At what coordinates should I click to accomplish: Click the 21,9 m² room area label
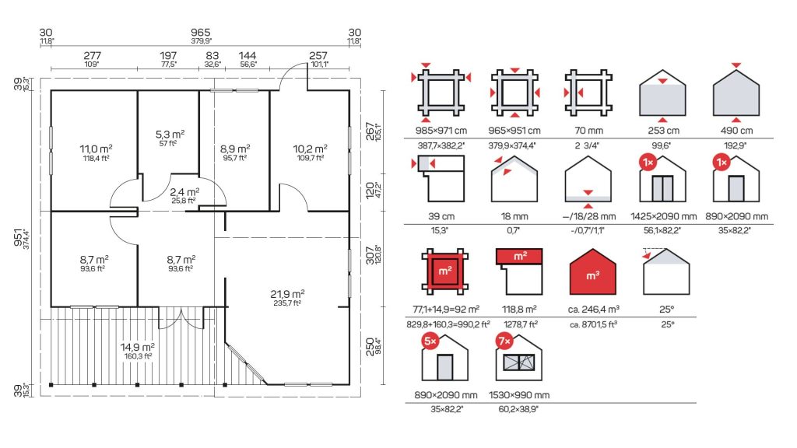(x=287, y=294)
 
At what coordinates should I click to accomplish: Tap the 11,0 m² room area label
(x=96, y=149)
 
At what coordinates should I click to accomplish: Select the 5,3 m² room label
(x=170, y=135)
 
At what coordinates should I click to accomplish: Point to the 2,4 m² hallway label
(x=184, y=192)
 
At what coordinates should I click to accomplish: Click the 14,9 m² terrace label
(x=137, y=348)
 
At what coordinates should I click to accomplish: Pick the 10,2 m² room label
(x=310, y=149)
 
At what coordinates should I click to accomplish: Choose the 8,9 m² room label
(x=235, y=149)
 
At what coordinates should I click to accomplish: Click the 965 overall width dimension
(x=201, y=33)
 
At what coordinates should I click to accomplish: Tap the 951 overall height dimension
(x=19, y=239)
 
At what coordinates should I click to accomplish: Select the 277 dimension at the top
(x=92, y=55)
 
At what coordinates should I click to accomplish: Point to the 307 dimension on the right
(x=370, y=255)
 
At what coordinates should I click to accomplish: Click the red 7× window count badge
(x=504, y=341)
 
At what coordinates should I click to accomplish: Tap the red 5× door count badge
(x=430, y=341)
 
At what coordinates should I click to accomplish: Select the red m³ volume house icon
(x=592, y=271)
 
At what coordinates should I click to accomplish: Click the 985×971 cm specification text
(x=441, y=131)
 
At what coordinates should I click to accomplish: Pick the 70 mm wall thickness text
(x=588, y=131)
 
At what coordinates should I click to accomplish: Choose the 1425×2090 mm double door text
(x=663, y=216)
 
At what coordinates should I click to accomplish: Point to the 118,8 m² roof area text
(x=519, y=310)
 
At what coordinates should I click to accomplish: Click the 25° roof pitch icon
(x=666, y=271)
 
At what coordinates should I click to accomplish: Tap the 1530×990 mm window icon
(x=519, y=358)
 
